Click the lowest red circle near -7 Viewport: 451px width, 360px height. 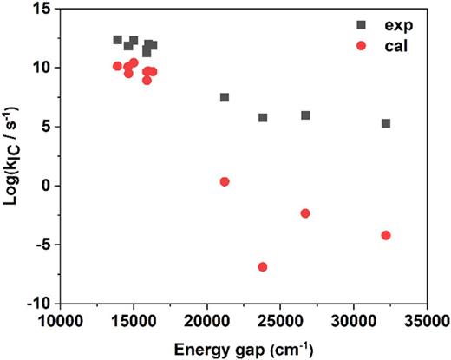[263, 267]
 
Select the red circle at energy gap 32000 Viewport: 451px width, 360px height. [386, 235]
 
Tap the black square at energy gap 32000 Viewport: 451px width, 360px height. [386, 123]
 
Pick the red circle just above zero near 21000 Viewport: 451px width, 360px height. [225, 181]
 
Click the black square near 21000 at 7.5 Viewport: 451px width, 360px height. [225, 97]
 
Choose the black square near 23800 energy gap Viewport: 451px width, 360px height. [263, 117]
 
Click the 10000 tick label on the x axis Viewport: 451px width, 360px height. [60, 321]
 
